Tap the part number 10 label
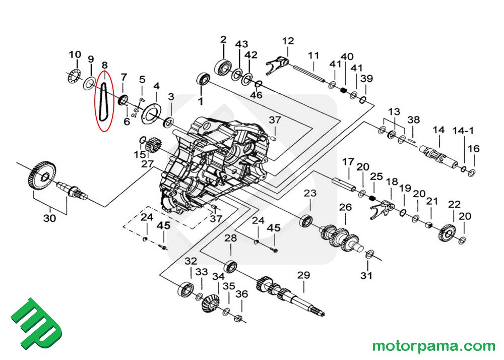(75, 54)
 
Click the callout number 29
(303, 275)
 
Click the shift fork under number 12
(277, 64)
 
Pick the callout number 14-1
(464, 131)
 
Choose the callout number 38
(413, 120)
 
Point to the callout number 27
(147, 164)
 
